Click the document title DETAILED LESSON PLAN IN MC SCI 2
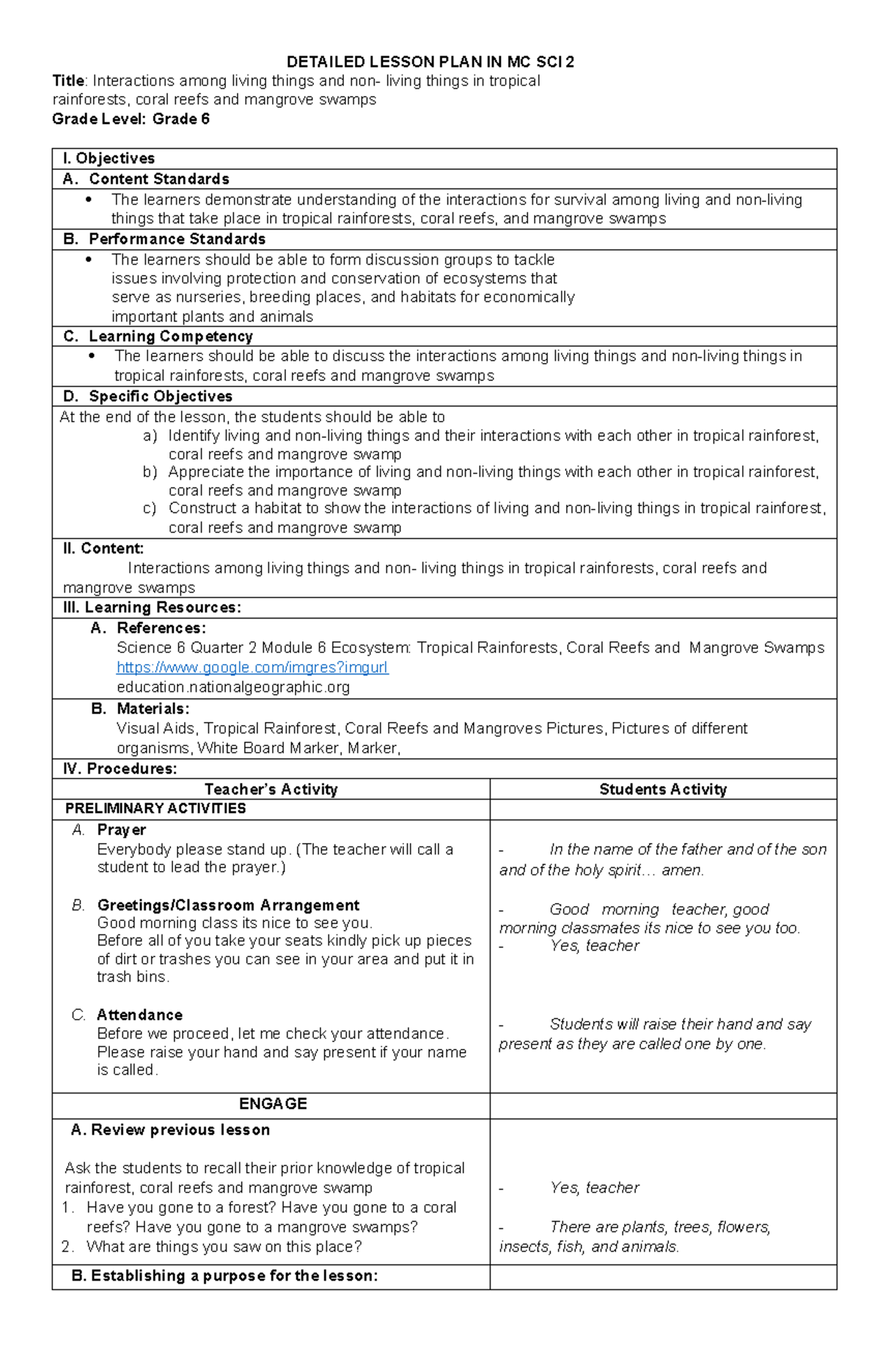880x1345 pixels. pyautogui.click(x=430, y=62)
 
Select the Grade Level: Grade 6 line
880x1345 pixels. pyautogui.click(x=131, y=119)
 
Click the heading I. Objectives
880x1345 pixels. pyautogui.click(x=109, y=159)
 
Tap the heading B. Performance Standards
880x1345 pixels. pyautogui.click(x=164, y=240)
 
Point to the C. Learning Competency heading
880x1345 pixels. pyautogui.click(x=158, y=336)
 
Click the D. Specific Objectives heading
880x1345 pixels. pyautogui.click(x=148, y=397)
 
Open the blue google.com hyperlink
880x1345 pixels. pyautogui.click(x=252, y=668)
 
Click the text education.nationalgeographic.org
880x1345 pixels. pyautogui.click(x=233, y=688)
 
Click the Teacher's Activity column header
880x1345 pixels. pyautogui.click(x=271, y=789)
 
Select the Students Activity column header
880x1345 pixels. pyautogui.click(x=663, y=789)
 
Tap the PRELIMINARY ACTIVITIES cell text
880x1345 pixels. pyautogui.click(x=155, y=808)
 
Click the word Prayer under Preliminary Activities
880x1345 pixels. pyautogui.click(x=122, y=830)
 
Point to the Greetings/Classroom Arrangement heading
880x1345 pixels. pyautogui.click(x=228, y=905)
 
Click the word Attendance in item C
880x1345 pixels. pyautogui.click(x=139, y=1015)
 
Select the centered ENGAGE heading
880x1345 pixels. pyautogui.click(x=273, y=1104)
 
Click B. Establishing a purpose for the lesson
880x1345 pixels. pyautogui.click(x=224, y=1276)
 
